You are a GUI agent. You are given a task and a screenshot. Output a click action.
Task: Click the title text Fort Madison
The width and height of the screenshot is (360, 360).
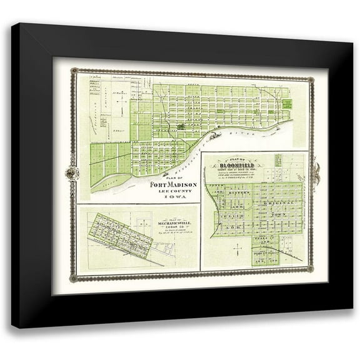pyautogui.click(x=174, y=185)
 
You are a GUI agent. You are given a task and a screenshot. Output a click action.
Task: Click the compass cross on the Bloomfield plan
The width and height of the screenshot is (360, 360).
pyautogui.click(x=237, y=250)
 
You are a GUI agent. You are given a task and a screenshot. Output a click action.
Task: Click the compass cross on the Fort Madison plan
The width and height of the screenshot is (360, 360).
pyautogui.click(x=121, y=100)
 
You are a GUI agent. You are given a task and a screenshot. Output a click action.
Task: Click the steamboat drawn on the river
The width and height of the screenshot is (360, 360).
pyautogui.click(x=215, y=134)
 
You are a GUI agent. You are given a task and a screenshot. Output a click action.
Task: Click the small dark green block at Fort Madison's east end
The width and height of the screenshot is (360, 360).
pyautogui.click(x=287, y=102)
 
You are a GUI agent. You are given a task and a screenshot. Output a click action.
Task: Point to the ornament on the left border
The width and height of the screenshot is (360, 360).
pyautogui.click(x=73, y=173)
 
